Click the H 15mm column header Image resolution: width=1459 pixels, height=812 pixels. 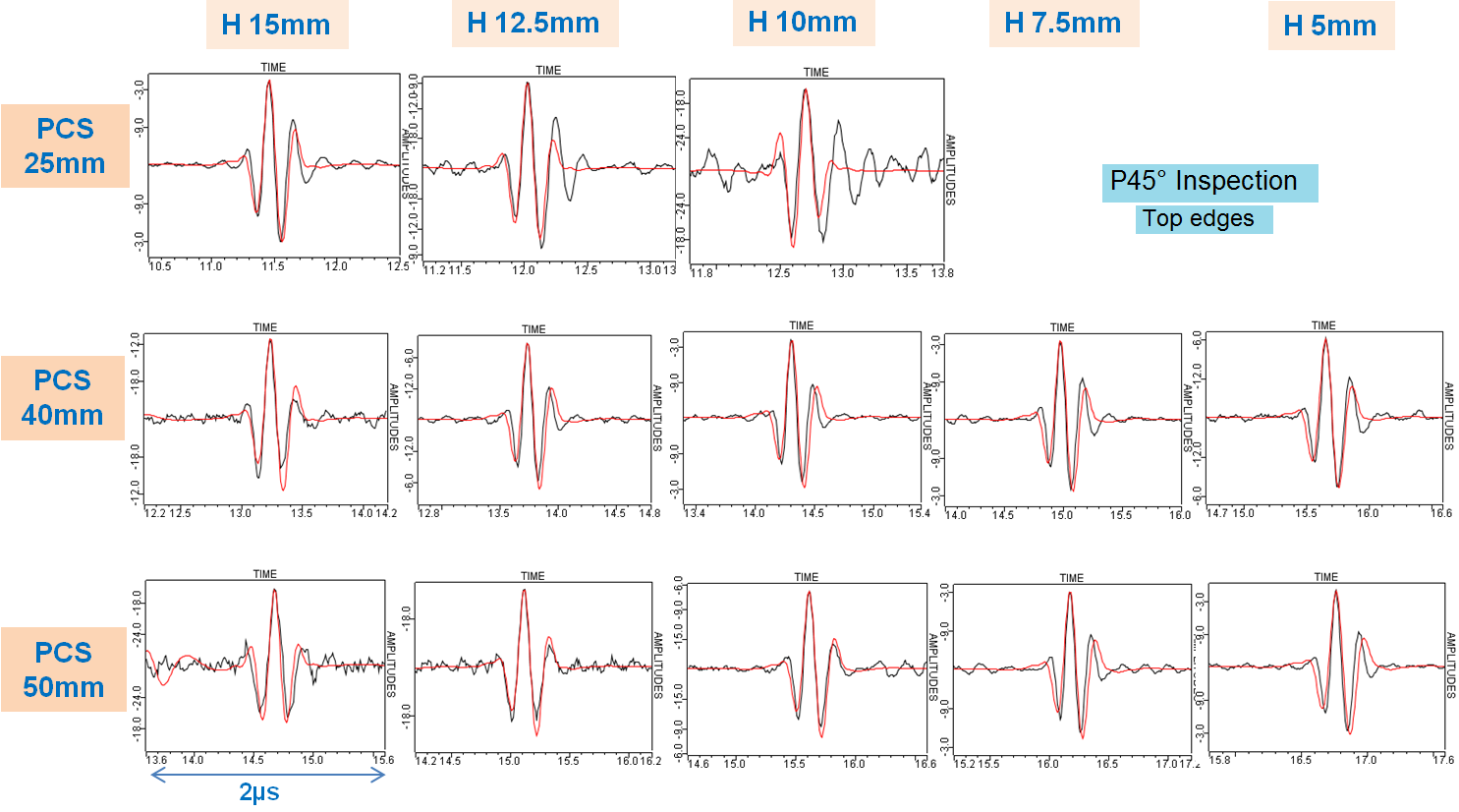(276, 26)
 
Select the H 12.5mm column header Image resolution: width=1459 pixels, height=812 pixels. (533, 24)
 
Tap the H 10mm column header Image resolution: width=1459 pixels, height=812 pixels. (803, 23)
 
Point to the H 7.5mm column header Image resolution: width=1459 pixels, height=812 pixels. (1063, 24)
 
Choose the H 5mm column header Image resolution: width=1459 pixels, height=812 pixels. (1330, 27)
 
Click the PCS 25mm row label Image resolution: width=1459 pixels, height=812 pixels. (65, 145)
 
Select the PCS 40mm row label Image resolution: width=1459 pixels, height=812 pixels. (63, 397)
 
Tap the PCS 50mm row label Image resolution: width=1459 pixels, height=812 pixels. (64, 669)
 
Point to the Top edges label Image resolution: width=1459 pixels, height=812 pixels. (1199, 218)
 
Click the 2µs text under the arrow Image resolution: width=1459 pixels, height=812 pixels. (259, 792)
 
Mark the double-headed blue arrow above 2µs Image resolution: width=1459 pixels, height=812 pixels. (267, 776)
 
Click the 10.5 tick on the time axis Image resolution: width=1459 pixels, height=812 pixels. (160, 266)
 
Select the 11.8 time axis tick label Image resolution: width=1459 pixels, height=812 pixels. (701, 272)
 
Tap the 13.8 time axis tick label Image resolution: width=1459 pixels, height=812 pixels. (942, 272)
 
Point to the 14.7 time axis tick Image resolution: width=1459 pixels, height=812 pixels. (1216, 513)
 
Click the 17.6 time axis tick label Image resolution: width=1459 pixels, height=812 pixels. (1442, 760)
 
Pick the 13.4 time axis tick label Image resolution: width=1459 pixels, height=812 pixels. (695, 513)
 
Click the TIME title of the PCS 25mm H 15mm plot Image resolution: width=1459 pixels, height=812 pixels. (273, 68)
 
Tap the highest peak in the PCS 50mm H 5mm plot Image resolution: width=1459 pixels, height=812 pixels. (1335, 590)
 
